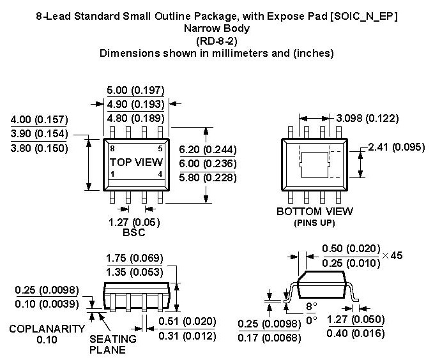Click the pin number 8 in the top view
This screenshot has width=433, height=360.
[112, 148]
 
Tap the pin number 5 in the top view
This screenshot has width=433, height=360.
[160, 148]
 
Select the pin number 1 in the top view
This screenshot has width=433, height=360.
[112, 174]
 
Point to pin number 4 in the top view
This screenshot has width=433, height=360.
[160, 174]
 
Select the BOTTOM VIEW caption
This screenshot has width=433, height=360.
[314, 211]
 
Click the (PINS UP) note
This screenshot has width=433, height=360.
[314, 223]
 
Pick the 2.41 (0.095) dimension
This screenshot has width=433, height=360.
[397, 148]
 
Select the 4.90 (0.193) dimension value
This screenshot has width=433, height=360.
[135, 104]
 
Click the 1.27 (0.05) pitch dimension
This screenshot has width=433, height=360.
[133, 223]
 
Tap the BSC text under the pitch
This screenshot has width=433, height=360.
[133, 233]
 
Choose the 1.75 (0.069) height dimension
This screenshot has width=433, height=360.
[134, 258]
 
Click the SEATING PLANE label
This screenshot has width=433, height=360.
[112, 345]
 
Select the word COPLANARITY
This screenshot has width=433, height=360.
[47, 329]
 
